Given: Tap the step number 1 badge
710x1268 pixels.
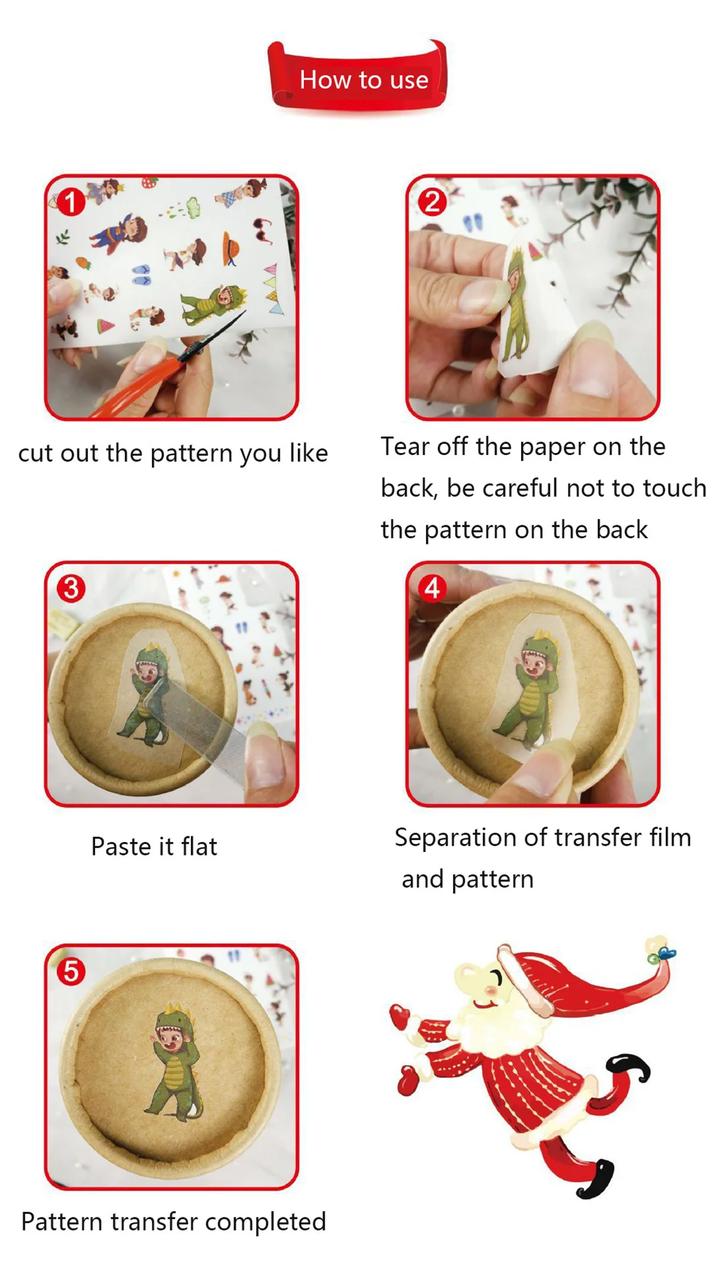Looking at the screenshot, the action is pos(71,202).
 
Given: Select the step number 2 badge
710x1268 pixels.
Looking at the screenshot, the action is pos(432,202).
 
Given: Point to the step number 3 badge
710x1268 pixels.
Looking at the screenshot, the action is pos(71,589).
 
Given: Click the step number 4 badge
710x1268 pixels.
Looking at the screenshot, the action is pos(432,589).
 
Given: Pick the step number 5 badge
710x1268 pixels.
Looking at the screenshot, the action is pos(71,971).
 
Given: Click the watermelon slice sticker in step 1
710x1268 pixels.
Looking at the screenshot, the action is pos(105,327).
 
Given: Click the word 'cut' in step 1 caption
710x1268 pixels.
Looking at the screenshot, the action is pos(35,454).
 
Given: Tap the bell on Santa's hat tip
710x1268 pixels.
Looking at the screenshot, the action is pos(661,951).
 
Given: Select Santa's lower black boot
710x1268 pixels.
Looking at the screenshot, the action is pos(596,1178).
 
